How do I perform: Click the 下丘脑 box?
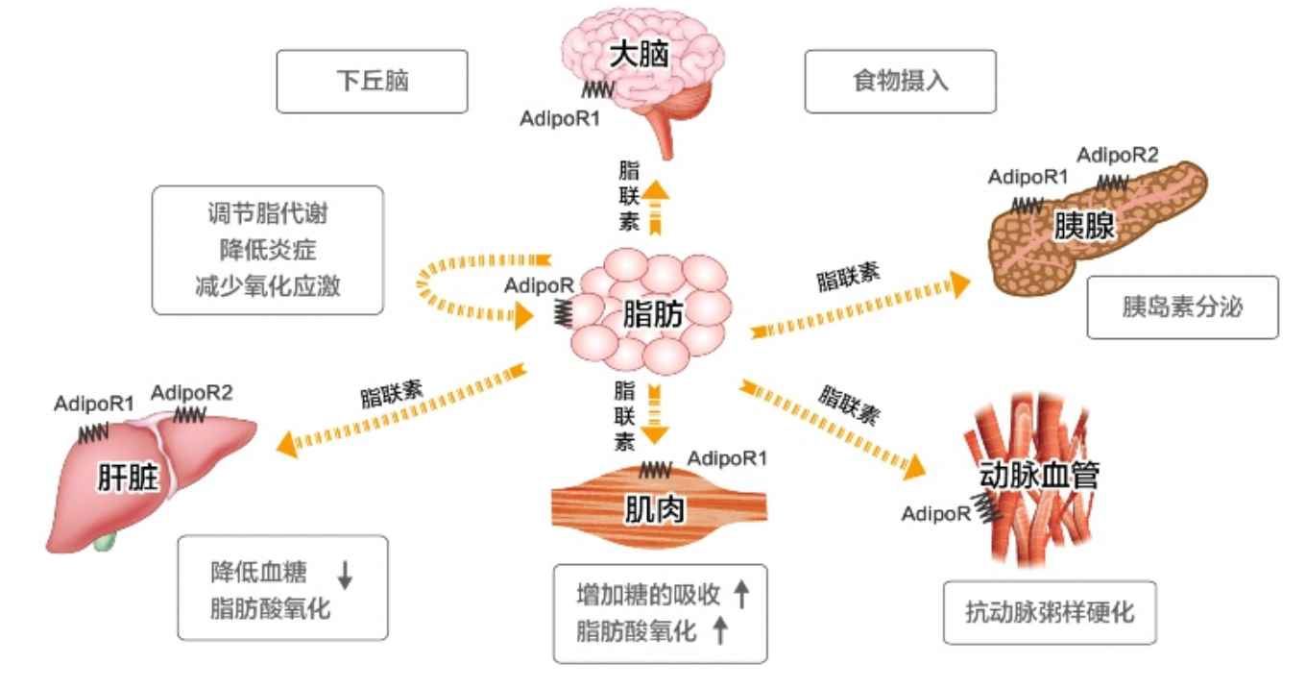(x=372, y=82)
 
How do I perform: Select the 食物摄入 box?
(x=900, y=82)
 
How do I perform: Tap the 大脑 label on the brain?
(x=639, y=56)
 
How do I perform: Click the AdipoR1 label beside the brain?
(x=559, y=119)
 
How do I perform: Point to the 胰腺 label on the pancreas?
(x=1084, y=226)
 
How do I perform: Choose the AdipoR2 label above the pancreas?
(x=1117, y=155)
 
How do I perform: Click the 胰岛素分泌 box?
(x=1182, y=307)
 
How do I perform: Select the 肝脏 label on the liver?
(x=127, y=478)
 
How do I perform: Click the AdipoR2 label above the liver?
(x=192, y=392)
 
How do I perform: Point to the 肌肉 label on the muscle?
(x=655, y=509)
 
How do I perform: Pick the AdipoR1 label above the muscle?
(x=727, y=458)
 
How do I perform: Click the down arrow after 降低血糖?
(x=346, y=574)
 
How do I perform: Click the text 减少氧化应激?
(x=267, y=285)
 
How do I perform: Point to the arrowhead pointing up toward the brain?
(x=655, y=188)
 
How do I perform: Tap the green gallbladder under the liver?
(x=105, y=541)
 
